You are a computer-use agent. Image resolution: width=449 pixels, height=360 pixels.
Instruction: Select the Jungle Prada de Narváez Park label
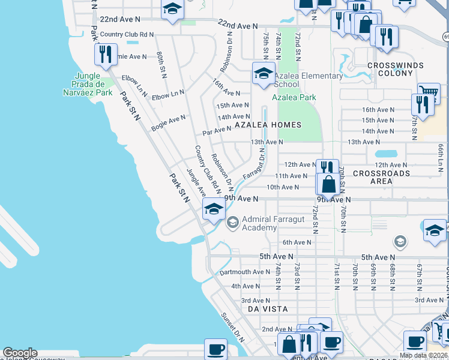pyautogui.click(x=88, y=85)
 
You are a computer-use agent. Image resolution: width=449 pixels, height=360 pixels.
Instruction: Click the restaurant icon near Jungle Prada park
pyautogui.click(x=106, y=55)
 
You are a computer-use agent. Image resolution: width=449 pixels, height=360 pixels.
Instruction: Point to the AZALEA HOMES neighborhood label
pyautogui.click(x=267, y=125)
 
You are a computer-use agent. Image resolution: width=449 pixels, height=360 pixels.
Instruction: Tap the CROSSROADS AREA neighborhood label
pyautogui.click(x=381, y=177)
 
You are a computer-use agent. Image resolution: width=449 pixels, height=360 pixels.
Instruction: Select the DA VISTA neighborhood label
pyautogui.click(x=268, y=308)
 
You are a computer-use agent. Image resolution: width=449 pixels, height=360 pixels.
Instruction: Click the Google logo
pyautogui.click(x=20, y=353)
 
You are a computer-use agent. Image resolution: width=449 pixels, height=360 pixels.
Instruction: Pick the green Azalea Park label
pyautogui.click(x=294, y=97)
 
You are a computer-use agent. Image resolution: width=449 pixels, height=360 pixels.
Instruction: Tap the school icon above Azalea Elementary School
pyautogui.click(x=263, y=74)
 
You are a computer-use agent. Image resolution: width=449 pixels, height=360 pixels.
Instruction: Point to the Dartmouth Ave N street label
pyautogui.click(x=245, y=272)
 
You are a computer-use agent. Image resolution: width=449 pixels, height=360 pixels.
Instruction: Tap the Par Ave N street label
pyautogui.click(x=217, y=129)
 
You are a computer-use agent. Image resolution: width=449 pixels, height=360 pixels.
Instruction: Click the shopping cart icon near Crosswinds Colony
pyautogui.click(x=429, y=93)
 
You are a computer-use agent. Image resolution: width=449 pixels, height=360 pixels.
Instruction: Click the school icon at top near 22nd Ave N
pyautogui.click(x=172, y=10)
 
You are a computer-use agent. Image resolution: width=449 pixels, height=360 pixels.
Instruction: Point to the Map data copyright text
pyautogui.click(x=423, y=355)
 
